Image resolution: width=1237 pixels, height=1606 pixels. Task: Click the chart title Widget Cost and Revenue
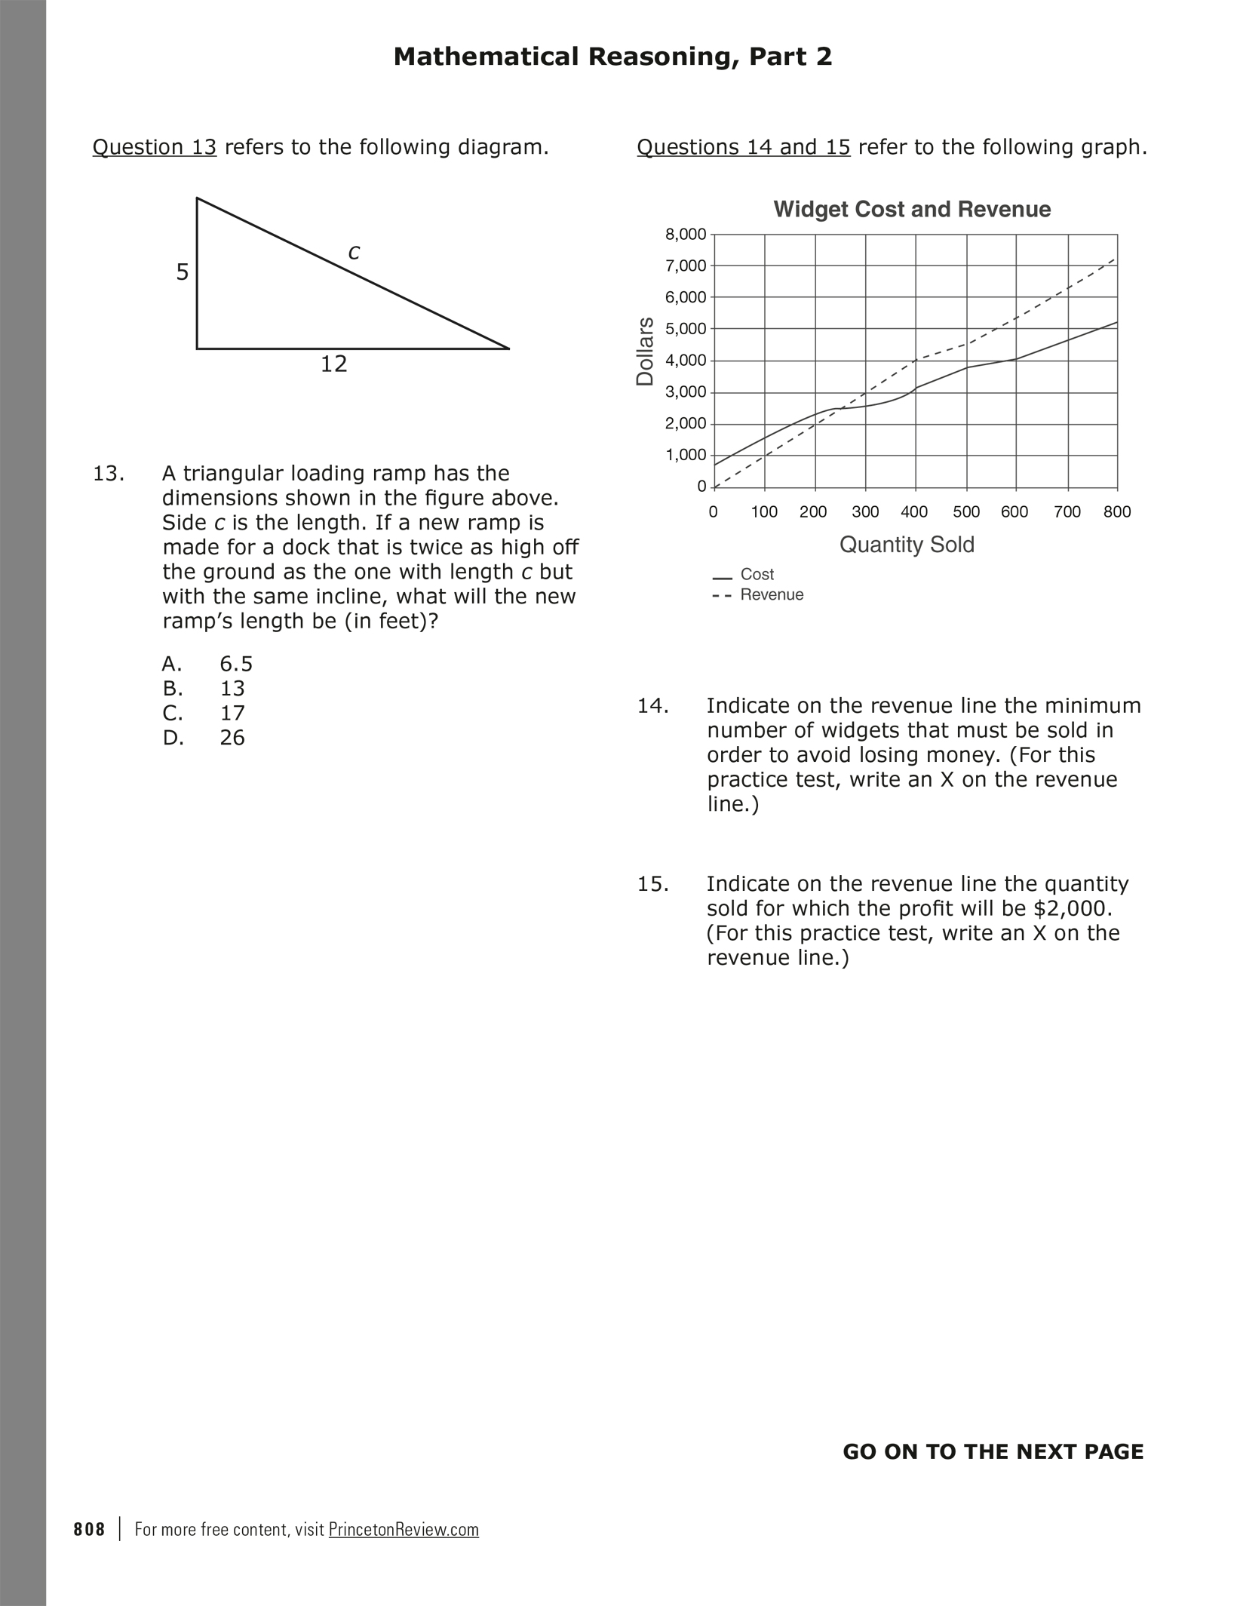(912, 210)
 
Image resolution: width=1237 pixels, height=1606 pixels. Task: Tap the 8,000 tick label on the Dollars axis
(686, 235)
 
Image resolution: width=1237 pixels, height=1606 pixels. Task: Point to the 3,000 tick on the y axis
(686, 392)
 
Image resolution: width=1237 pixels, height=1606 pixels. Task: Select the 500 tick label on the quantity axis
(966, 512)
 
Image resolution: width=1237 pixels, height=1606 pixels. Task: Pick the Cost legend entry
(757, 575)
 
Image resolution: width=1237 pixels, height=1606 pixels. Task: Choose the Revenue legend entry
(772, 595)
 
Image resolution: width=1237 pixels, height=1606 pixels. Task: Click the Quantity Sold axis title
(907, 545)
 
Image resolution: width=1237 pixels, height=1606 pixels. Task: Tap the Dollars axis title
(646, 352)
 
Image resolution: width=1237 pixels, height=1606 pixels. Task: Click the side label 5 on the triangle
(183, 272)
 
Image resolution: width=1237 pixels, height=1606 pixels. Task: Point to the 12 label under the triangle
(334, 365)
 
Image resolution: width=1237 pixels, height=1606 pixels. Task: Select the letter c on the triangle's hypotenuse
(354, 253)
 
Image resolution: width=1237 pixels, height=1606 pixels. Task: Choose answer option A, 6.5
(236, 665)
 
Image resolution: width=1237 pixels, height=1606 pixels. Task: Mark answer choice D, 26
(232, 739)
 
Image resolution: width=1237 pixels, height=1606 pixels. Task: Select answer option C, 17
(232, 714)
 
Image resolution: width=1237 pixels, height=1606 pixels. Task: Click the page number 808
(90, 1530)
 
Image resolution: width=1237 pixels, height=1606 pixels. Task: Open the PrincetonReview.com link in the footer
(404, 1530)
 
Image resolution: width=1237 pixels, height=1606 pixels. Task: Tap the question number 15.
(653, 884)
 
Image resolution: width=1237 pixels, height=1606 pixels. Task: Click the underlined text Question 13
(155, 147)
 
